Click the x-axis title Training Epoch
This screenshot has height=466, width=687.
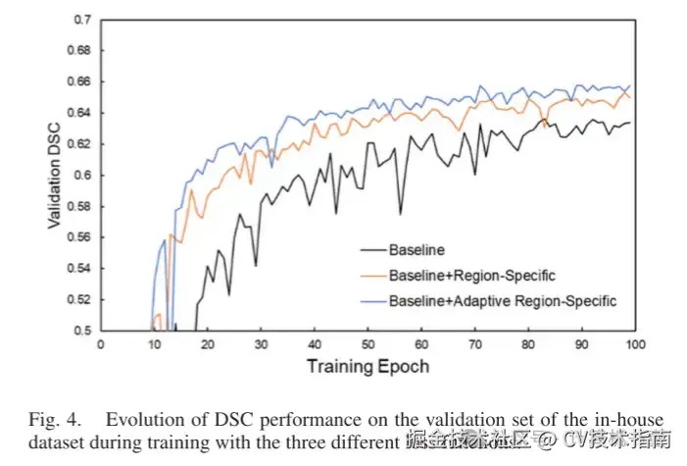pyautogui.click(x=368, y=366)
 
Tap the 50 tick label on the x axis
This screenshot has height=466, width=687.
pyautogui.click(x=368, y=344)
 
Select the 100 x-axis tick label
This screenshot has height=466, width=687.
pyautogui.click(x=634, y=344)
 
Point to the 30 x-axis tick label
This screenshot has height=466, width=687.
pyautogui.click(x=261, y=344)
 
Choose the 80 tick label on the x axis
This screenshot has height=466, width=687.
pyautogui.click(x=527, y=344)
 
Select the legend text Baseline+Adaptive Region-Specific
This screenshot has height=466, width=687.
pyautogui.click(x=503, y=298)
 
